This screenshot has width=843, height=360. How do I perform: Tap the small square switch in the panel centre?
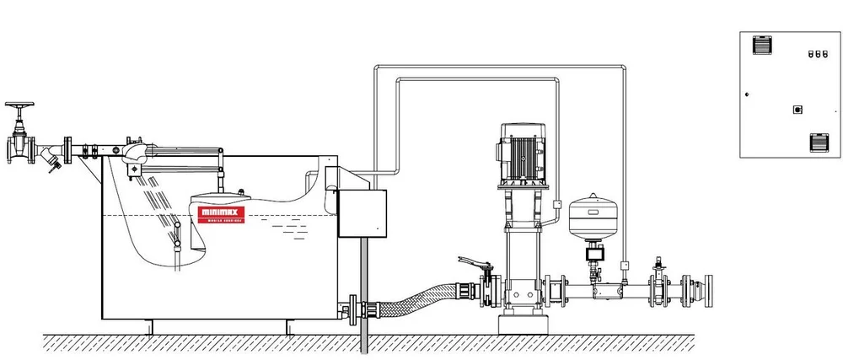[797, 109]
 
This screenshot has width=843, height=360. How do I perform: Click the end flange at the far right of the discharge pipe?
[710, 291]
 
